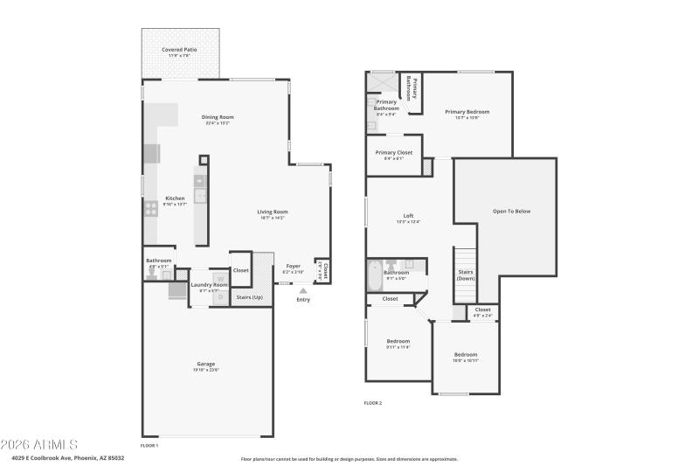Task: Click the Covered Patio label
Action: [179, 51]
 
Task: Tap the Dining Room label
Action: [218, 117]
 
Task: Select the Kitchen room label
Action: [175, 198]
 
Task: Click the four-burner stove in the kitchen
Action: [150, 208]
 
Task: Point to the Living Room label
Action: [272, 212]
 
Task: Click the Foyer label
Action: [294, 266]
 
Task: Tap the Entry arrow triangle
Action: [303, 290]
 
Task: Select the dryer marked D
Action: [220, 297]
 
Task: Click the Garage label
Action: [205, 364]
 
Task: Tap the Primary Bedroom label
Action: [467, 112]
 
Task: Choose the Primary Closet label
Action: [394, 153]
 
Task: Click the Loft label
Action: [408, 216]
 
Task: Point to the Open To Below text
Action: [511, 211]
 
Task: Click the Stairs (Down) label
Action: [466, 275]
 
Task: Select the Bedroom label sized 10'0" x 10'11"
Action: [466, 354]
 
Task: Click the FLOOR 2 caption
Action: [373, 403]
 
